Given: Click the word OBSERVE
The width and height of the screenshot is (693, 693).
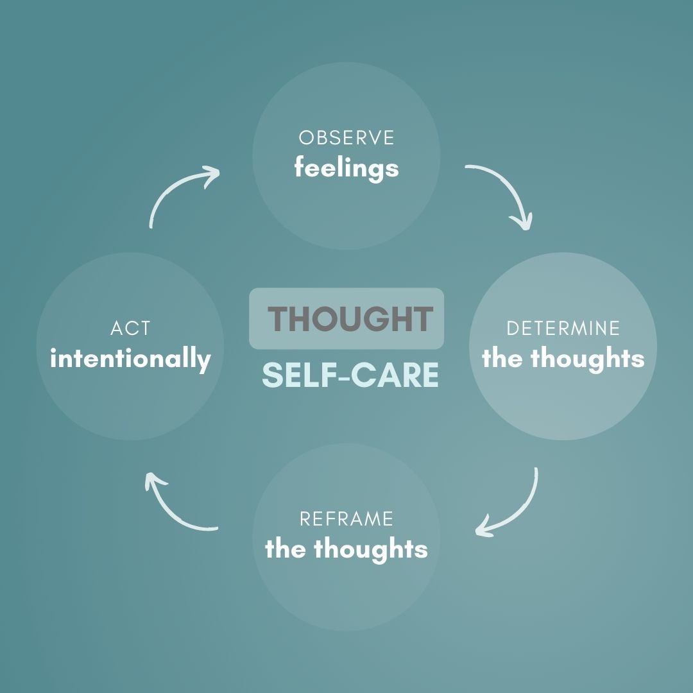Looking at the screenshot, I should point(346,138).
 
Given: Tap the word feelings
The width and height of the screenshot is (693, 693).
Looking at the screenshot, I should point(346,169).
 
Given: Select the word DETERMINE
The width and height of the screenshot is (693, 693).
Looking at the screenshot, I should point(563,329).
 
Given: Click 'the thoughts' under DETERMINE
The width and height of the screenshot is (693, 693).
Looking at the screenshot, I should point(563,359).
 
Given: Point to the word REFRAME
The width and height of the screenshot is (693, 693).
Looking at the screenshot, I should point(346,518).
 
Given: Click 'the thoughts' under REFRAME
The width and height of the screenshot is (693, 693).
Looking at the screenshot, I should point(346,549).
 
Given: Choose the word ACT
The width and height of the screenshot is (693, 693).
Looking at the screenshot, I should point(130,329).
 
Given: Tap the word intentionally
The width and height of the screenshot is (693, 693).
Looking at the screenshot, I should point(130,359).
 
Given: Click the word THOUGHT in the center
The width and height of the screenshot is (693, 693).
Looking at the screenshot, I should point(350,319).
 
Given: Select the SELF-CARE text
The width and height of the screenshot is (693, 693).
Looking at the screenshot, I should point(350,375).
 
